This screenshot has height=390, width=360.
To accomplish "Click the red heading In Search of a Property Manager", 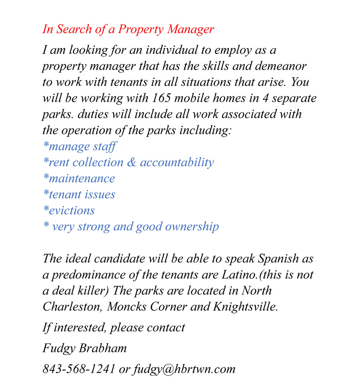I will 128,30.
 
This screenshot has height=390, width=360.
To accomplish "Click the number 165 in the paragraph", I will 160,98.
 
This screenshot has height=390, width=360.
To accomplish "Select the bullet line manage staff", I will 80,146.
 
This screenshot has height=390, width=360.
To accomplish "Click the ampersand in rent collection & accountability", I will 132,163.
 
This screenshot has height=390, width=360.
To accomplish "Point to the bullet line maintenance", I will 79,178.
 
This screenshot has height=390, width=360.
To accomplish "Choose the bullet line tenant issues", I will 79,195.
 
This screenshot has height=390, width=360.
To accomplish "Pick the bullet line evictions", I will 69,210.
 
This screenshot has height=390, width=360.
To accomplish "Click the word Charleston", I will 72,307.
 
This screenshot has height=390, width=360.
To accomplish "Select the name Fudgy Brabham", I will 85,348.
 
